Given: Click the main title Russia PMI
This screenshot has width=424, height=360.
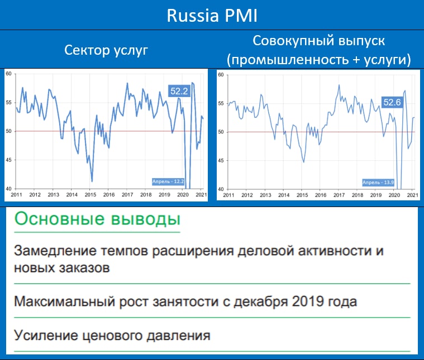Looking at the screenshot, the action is (212, 16).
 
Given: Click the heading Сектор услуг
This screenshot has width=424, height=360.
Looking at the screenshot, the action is (106, 51).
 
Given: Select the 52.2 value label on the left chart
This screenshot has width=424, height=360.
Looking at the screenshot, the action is (179, 91).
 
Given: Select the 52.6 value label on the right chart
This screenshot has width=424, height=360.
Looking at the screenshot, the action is (392, 102).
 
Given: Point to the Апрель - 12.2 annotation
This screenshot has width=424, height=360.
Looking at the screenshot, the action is (168, 181).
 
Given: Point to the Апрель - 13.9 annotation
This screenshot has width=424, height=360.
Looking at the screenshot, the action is (378, 183).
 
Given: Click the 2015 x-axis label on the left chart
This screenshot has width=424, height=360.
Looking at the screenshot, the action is (90, 195).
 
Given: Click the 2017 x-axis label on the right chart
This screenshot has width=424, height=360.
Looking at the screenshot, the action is (339, 195).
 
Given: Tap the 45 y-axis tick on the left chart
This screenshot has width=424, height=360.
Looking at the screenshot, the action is (8, 160).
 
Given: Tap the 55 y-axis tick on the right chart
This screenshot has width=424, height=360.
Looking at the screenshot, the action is (221, 103).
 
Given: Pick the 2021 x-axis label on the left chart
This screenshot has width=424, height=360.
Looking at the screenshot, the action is (201, 195).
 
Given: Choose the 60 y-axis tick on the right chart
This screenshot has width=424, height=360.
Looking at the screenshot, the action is (221, 75).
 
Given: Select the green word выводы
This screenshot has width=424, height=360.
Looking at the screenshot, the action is (146, 219).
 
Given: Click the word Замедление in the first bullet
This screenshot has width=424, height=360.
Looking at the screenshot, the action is (55, 251).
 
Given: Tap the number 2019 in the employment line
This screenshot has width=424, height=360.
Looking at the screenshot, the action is (308, 301).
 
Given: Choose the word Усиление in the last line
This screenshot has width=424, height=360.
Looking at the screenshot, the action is (46, 335).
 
